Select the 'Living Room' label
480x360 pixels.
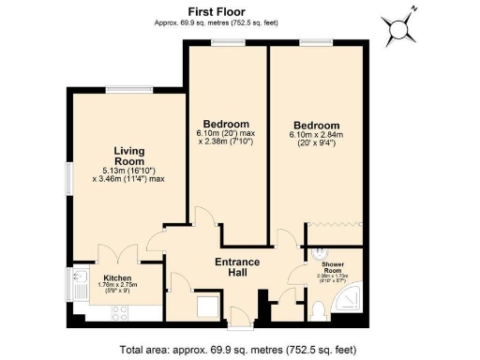127,156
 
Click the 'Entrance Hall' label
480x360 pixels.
243,266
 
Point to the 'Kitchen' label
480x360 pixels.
117,278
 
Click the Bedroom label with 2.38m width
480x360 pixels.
226,125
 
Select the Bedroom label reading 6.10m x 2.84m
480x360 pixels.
315,125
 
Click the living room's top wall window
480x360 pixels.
127,91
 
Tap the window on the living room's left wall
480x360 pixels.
68,179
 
